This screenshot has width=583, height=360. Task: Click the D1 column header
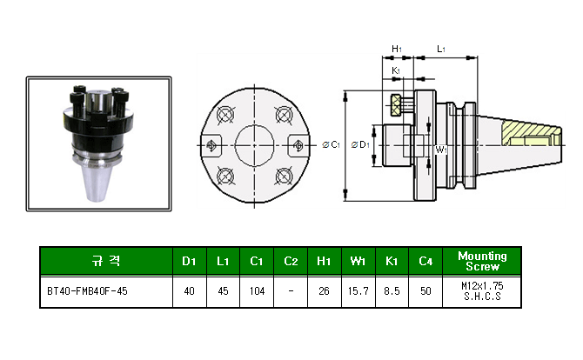tap(189, 261)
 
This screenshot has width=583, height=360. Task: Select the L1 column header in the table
tap(223, 261)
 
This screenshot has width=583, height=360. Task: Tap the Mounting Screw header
tap(481, 261)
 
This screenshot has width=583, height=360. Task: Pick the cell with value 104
tap(257, 291)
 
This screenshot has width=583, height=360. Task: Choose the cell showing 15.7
tap(359, 291)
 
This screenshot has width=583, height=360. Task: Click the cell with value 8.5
tap(392, 291)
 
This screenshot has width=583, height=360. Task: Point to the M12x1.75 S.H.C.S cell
tap(481, 291)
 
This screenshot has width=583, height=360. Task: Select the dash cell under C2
tap(291, 291)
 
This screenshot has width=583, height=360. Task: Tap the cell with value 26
tap(324, 291)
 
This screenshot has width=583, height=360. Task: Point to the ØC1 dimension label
tap(331, 145)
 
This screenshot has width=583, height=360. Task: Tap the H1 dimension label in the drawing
tap(397, 50)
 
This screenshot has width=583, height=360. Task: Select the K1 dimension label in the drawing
tap(397, 70)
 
